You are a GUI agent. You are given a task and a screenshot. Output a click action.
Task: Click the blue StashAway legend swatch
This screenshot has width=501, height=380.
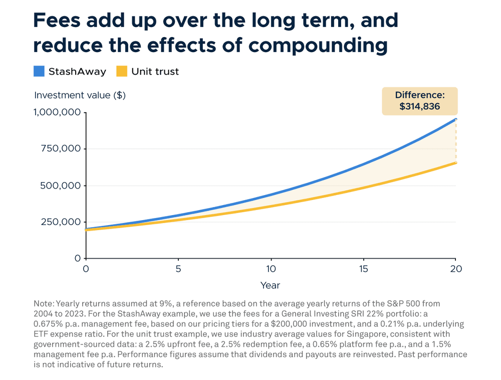(39, 71)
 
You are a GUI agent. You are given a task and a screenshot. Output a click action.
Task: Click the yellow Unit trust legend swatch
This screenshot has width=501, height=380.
(122, 71)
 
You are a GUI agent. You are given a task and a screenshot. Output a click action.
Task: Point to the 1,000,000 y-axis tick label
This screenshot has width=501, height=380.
(57, 112)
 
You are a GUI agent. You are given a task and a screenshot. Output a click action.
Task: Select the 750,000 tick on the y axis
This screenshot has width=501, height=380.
(61, 149)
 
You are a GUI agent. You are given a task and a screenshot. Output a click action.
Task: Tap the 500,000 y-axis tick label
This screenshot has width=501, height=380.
(61, 185)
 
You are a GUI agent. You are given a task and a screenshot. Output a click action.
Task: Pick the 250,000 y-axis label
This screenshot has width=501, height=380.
(61, 222)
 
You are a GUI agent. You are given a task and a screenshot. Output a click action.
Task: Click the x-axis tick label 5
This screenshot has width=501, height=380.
(178, 268)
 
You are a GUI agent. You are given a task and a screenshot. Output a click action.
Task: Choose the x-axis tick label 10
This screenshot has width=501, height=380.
(271, 268)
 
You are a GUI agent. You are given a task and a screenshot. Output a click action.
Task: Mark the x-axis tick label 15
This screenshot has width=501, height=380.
(363, 268)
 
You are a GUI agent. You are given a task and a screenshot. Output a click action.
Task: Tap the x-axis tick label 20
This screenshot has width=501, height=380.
(455, 268)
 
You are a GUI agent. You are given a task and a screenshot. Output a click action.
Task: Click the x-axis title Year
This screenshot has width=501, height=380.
(270, 285)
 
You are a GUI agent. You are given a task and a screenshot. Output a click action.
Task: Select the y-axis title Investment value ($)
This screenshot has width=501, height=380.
(80, 95)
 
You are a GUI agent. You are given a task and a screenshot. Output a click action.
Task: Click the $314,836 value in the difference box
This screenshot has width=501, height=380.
(419, 106)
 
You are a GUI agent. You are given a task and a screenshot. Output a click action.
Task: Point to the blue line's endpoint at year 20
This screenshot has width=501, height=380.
(455, 119)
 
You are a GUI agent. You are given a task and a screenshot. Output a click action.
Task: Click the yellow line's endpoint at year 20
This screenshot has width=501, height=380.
(455, 163)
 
